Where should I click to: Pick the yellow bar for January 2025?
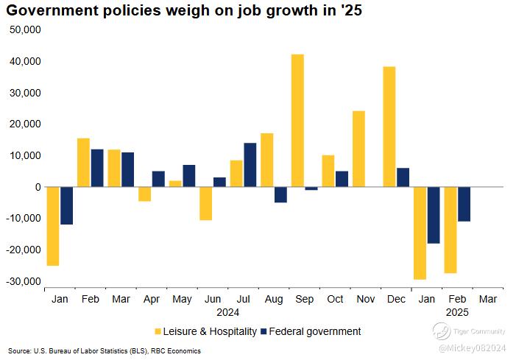point(420,233)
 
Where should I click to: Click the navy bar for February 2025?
point(464,204)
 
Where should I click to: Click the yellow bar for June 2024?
point(205,203)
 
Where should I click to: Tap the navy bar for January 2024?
point(66,205)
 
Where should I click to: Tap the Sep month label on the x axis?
point(304,300)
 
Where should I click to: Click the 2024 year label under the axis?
point(227,311)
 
